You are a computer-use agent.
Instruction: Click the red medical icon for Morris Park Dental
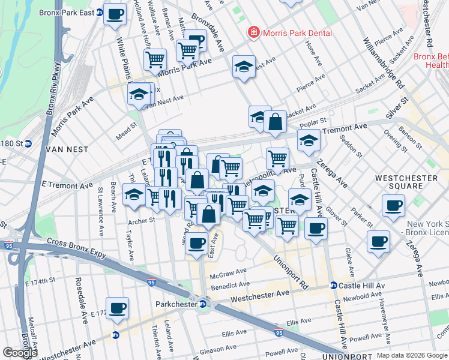pyautogui.click(x=253, y=33)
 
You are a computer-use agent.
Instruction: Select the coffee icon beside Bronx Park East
pyautogui.click(x=115, y=14)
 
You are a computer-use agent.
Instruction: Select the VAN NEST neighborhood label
pyautogui.click(x=71, y=149)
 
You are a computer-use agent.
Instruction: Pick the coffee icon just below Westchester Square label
pyautogui.click(x=394, y=206)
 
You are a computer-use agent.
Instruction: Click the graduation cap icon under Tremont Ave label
pyautogui.click(x=309, y=140)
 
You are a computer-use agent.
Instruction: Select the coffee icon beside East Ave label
pyautogui.click(x=196, y=243)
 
